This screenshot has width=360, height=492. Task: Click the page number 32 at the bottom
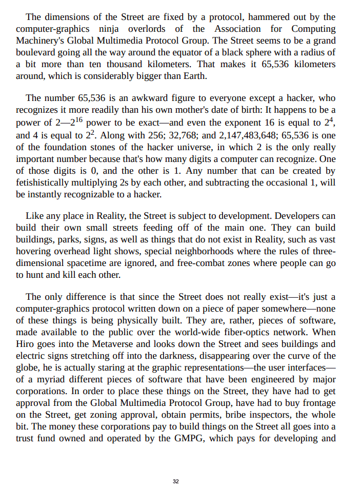coord(176,481)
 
